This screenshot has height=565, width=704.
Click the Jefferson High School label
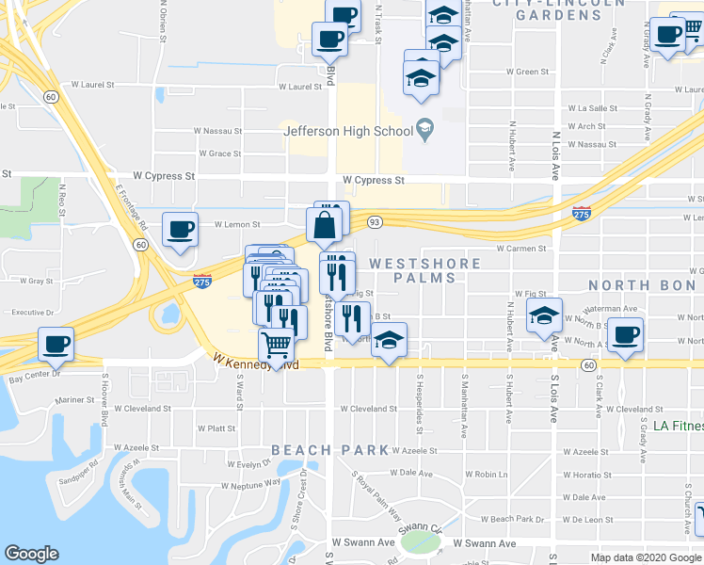(345, 131)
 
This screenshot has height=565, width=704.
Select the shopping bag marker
(323, 227)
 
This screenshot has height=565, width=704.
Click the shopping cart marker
(276, 346)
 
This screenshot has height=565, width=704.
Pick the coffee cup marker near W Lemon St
(179, 230)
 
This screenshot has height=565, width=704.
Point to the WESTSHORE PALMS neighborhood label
(424, 270)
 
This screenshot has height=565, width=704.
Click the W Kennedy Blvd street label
(255, 362)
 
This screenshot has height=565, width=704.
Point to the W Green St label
(527, 72)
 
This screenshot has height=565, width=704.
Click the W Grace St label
(219, 153)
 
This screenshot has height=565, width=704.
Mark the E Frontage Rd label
(132, 207)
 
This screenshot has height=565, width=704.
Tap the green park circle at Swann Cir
(421, 542)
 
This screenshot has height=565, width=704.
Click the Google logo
(31, 554)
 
